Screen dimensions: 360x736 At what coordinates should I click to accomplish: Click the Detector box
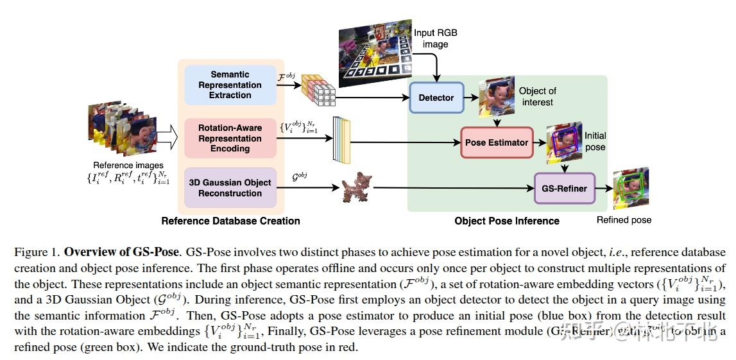pyautogui.click(x=436, y=98)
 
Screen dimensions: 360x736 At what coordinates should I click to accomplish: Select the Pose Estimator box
pyautogui.click(x=496, y=142)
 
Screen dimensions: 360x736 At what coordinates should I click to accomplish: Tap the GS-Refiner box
pyautogui.click(x=564, y=189)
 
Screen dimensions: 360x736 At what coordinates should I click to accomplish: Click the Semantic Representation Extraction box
pyautogui.click(x=230, y=85)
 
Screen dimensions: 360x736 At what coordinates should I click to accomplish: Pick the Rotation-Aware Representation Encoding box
pyautogui.click(x=230, y=138)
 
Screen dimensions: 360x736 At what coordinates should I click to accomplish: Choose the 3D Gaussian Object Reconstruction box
pyautogui.click(x=230, y=187)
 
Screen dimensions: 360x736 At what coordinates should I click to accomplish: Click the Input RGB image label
pyautogui.click(x=435, y=38)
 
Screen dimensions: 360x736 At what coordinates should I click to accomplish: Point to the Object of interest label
pyautogui.click(x=537, y=96)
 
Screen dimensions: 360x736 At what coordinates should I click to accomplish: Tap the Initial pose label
pyautogui.click(x=595, y=141)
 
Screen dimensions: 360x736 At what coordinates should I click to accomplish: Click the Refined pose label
pyautogui.click(x=624, y=220)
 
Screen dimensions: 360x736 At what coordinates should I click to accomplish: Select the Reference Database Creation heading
pyautogui.click(x=230, y=221)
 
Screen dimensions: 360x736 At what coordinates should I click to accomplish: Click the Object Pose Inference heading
pyautogui.click(x=506, y=221)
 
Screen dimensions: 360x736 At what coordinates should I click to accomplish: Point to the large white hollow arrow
pyautogui.click(x=166, y=135)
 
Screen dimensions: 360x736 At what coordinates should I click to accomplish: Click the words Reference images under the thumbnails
pyautogui.click(x=128, y=166)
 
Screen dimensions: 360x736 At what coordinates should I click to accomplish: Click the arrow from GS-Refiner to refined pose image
pyautogui.click(x=604, y=189)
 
